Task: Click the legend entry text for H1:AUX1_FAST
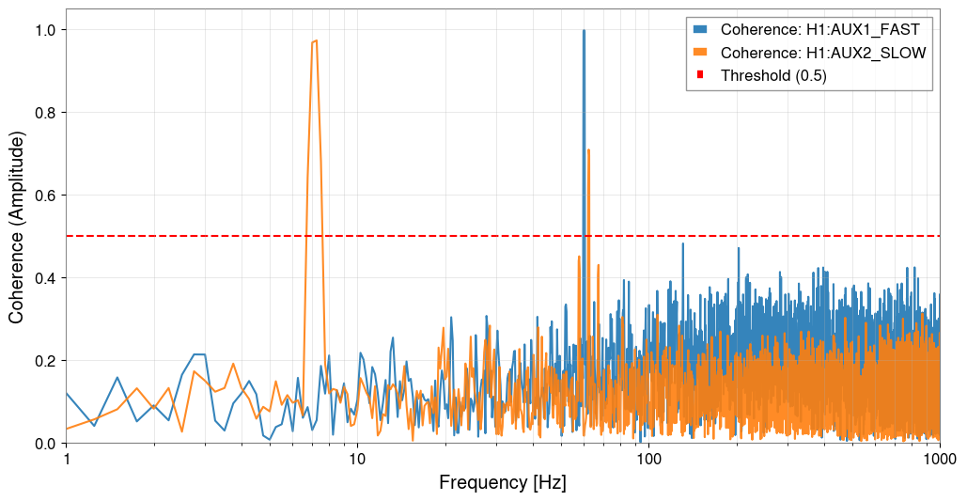819,31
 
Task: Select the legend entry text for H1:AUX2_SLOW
823,54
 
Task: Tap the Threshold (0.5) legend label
773,76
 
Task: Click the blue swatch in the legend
700,31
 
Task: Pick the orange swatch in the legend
700,54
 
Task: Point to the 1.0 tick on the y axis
43,30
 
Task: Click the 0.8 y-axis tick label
43,113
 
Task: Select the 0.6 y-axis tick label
43,196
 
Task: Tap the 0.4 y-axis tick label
43,278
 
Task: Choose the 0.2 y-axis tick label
43,361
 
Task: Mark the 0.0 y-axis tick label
43,444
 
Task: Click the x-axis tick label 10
357,458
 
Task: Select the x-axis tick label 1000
939,458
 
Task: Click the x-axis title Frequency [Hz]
503,483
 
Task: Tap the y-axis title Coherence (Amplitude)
17,227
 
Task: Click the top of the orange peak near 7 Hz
315,40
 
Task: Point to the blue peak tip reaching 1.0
584,30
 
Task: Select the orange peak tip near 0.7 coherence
588,149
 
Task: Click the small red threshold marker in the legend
700,76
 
